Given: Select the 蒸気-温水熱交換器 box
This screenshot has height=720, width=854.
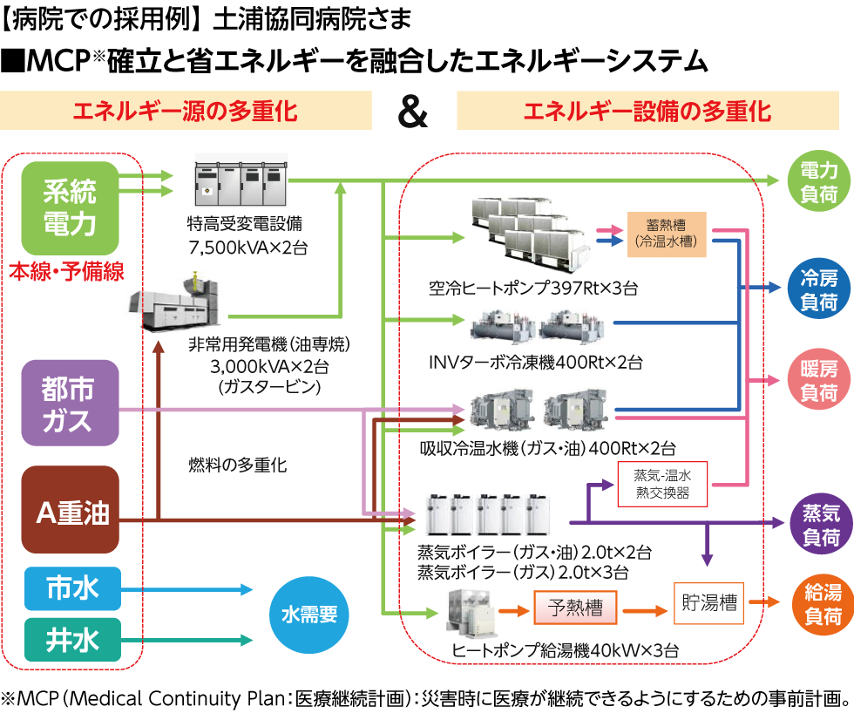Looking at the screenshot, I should pyautogui.click(x=662, y=484).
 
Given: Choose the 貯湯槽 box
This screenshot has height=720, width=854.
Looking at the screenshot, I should pyautogui.click(x=708, y=603).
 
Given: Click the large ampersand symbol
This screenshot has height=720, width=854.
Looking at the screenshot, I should pyautogui.click(x=412, y=112).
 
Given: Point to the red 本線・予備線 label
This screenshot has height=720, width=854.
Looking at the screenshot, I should pyautogui.click(x=66, y=272).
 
